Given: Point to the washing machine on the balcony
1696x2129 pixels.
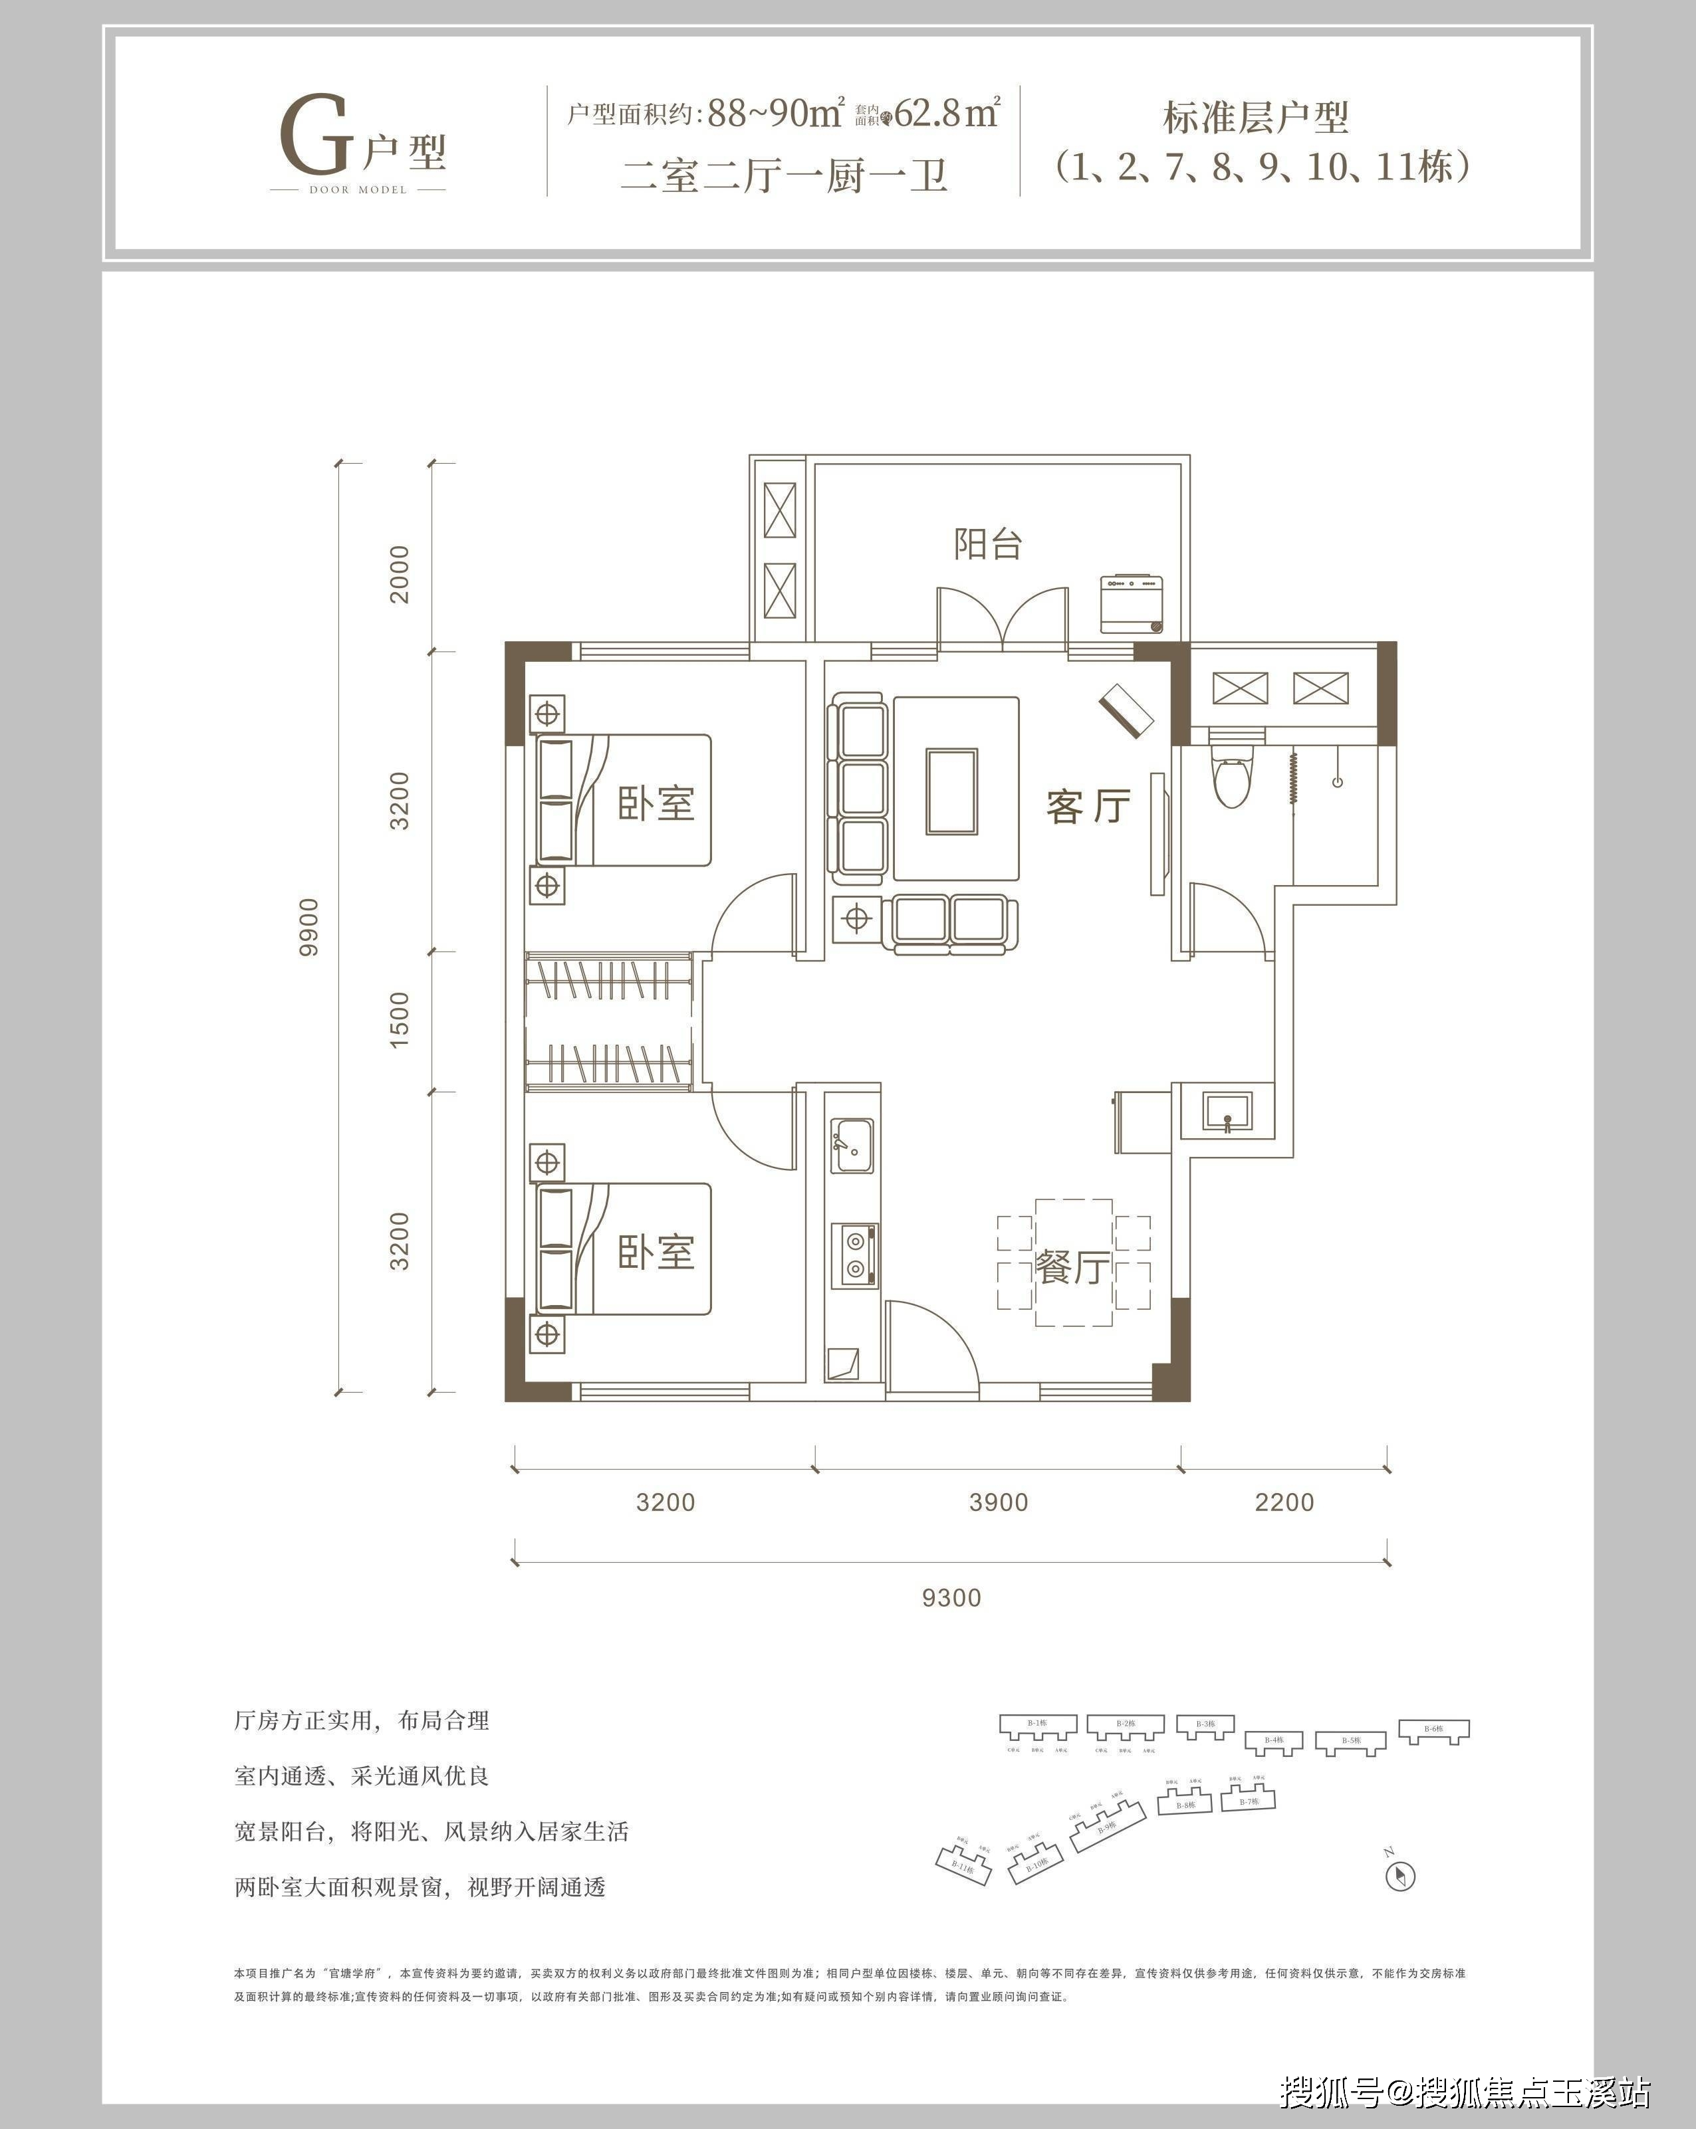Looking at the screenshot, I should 1132,604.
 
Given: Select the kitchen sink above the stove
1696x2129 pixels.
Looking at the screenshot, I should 852,1146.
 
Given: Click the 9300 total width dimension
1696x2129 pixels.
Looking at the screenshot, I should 951,1597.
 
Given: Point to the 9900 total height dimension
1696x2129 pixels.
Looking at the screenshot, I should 309,926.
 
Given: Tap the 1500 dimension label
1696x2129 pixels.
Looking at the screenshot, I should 398,1020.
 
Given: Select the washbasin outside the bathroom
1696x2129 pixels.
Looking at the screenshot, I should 1227,1111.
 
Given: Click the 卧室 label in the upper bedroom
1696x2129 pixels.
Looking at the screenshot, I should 657,803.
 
